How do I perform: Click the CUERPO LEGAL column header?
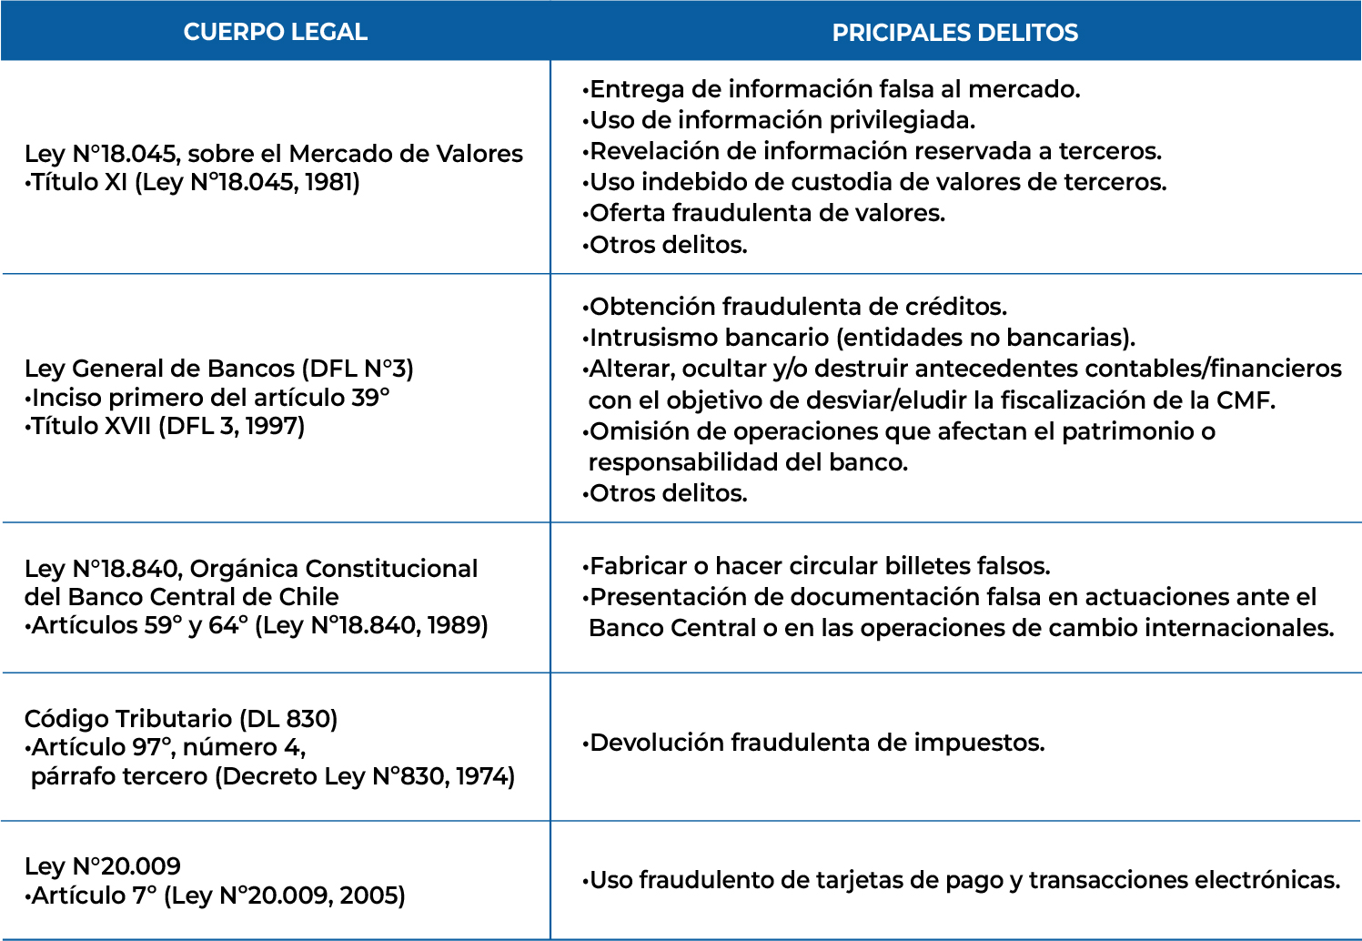[x=275, y=32]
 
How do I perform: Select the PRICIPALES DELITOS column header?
[x=954, y=33]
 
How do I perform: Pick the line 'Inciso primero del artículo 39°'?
[x=209, y=398]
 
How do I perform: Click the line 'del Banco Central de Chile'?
[x=181, y=597]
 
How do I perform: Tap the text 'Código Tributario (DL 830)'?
[x=181, y=719]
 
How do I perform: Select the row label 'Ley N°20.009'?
[x=103, y=866]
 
